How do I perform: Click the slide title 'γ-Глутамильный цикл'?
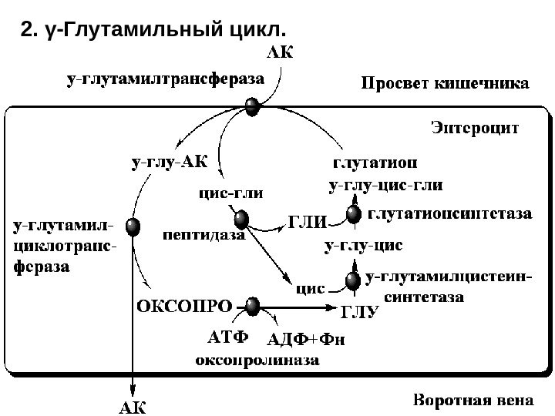(154, 30)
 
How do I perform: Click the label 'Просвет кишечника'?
(445, 82)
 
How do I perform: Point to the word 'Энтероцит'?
(475, 126)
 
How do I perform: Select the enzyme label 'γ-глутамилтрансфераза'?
(165, 78)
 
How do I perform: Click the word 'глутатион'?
(375, 163)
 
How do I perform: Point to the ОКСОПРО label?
(183, 305)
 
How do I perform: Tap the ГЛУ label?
(362, 311)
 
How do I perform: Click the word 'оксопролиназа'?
(257, 359)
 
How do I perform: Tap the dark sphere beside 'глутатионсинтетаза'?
(354, 215)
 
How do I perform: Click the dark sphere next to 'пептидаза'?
(244, 219)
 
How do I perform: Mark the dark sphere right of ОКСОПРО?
(253, 307)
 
